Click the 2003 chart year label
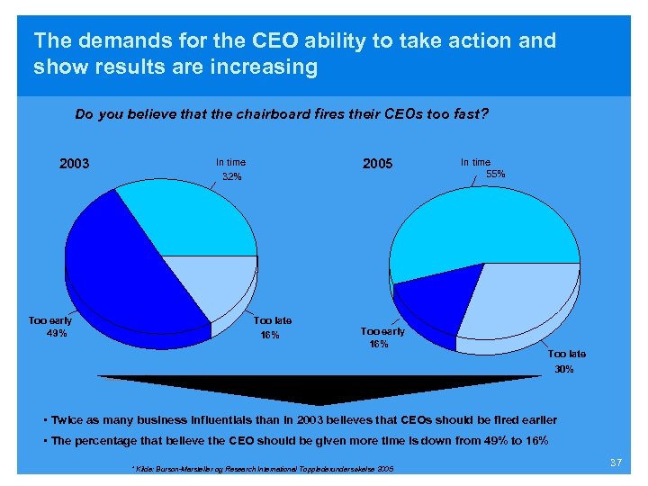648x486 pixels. (x=74, y=164)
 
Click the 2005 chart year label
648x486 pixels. (x=377, y=164)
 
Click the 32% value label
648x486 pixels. (x=232, y=177)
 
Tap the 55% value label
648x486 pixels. (x=496, y=174)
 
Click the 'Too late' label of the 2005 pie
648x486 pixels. (x=567, y=354)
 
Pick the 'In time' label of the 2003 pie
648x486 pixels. (x=230, y=162)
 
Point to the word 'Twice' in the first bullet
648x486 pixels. (x=67, y=420)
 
